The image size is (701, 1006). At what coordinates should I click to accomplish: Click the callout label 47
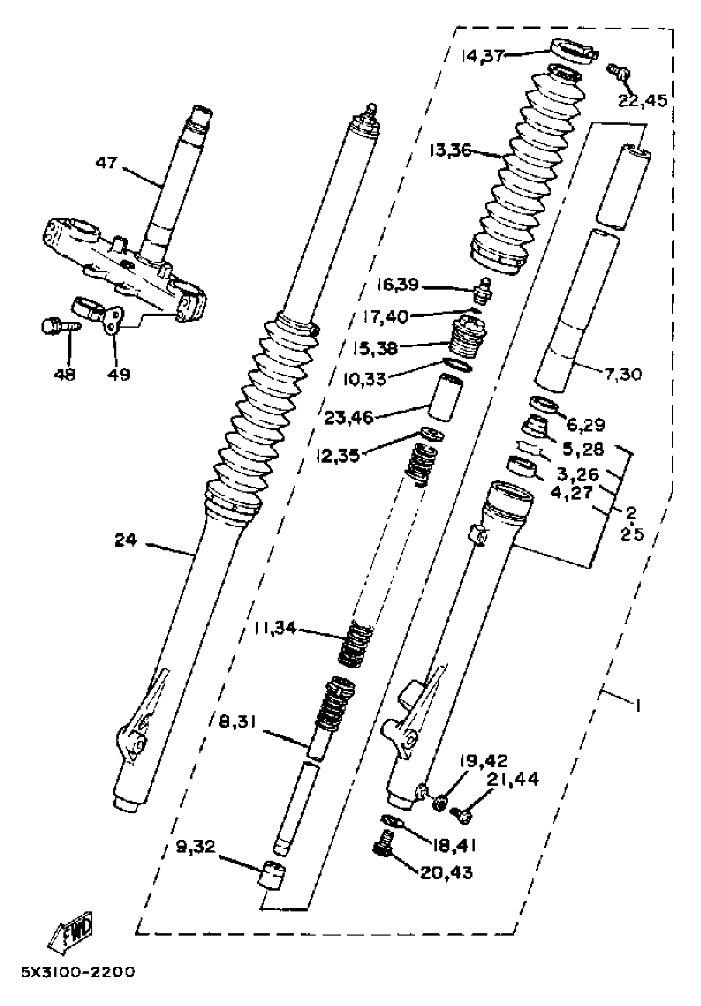(x=106, y=163)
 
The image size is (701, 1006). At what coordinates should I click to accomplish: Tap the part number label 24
(x=126, y=540)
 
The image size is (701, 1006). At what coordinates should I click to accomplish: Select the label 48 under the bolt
(x=64, y=375)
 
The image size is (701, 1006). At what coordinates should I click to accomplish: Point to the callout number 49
(x=119, y=375)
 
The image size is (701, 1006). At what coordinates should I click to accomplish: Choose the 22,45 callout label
(x=642, y=101)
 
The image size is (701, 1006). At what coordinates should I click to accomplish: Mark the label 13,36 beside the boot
(x=450, y=151)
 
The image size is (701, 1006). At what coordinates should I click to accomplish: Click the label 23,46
(x=348, y=418)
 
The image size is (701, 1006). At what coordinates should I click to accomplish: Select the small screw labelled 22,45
(x=617, y=71)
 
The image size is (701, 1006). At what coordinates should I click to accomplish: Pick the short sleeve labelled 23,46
(x=445, y=397)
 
